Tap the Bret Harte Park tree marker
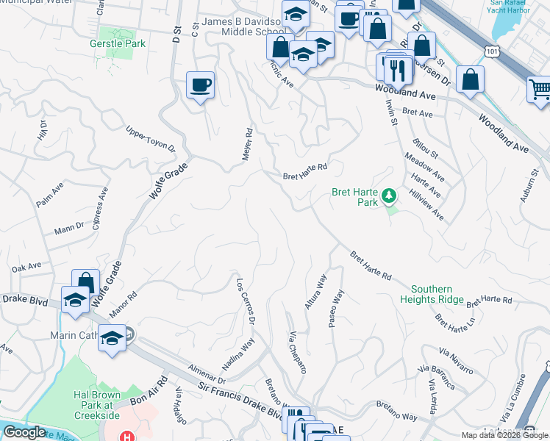click(x=389, y=196)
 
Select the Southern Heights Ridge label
click(x=432, y=294)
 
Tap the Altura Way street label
click(x=316, y=292)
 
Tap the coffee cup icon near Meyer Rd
click(x=200, y=86)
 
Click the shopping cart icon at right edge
click(x=540, y=90)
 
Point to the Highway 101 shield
click(x=493, y=49)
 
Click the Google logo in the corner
click(x=25, y=432)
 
